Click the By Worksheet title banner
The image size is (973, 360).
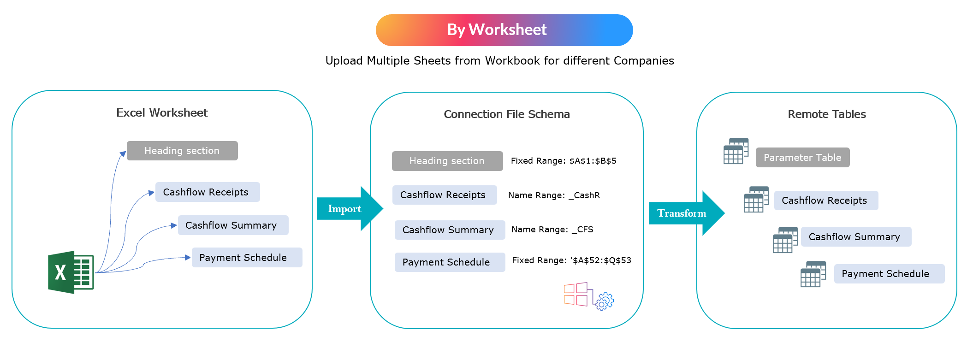[504, 30]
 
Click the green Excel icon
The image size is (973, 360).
[71, 272]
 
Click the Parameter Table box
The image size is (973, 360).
[802, 158]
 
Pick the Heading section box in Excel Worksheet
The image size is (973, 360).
[182, 151]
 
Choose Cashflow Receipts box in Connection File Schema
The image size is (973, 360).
[444, 195]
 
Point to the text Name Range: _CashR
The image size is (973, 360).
[554, 195]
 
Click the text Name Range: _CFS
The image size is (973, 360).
[552, 230]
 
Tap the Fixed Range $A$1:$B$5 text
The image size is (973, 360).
[564, 161]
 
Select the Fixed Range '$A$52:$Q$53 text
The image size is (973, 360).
[571, 260]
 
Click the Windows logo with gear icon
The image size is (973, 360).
[588, 296]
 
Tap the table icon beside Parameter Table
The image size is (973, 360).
[736, 151]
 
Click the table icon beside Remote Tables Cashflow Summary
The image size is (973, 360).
[785, 240]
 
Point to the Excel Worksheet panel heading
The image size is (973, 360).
[162, 113]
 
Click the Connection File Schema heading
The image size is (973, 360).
[506, 114]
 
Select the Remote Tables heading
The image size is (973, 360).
[826, 114]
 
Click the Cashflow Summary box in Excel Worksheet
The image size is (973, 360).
[233, 225]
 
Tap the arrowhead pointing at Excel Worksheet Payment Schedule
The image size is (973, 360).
[187, 258]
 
